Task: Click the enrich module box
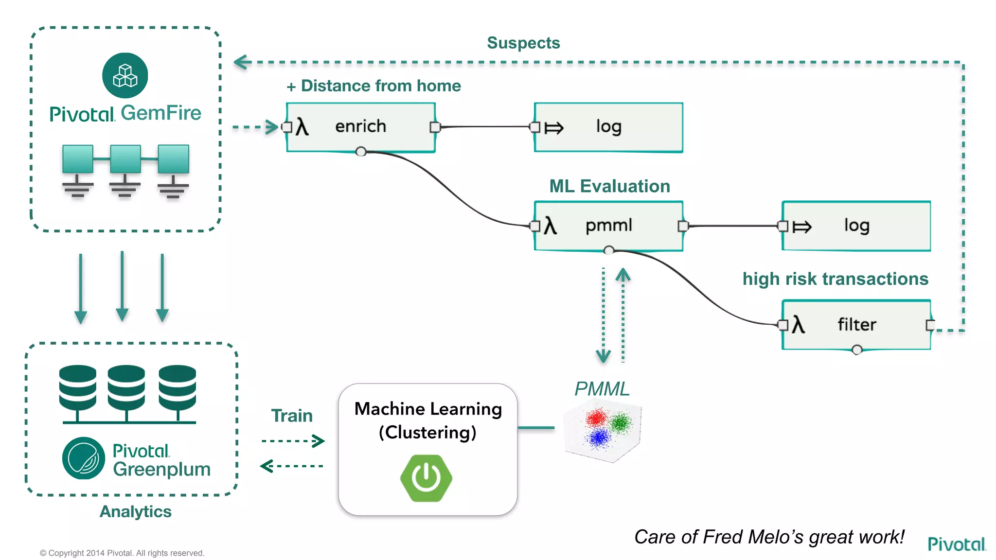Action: pyautogui.click(x=360, y=127)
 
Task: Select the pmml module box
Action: pyautogui.click(x=608, y=226)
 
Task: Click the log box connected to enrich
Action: pyautogui.click(x=608, y=127)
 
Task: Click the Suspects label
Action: pyautogui.click(x=523, y=43)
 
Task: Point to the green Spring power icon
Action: pyautogui.click(x=426, y=478)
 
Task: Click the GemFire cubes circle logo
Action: pyautogui.click(x=125, y=75)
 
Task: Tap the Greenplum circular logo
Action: pyautogui.click(x=83, y=458)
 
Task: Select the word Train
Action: pyautogui.click(x=292, y=416)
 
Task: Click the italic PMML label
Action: pyautogui.click(x=602, y=389)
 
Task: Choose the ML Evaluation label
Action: pyautogui.click(x=609, y=186)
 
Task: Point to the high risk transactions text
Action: pyautogui.click(x=835, y=279)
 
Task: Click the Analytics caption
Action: pyautogui.click(x=135, y=511)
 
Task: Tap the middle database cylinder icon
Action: pyautogui.click(x=126, y=387)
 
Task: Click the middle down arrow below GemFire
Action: pyautogui.click(x=122, y=287)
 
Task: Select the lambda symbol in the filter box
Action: pyautogui.click(x=798, y=324)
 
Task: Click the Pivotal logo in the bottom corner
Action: pyautogui.click(x=956, y=544)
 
